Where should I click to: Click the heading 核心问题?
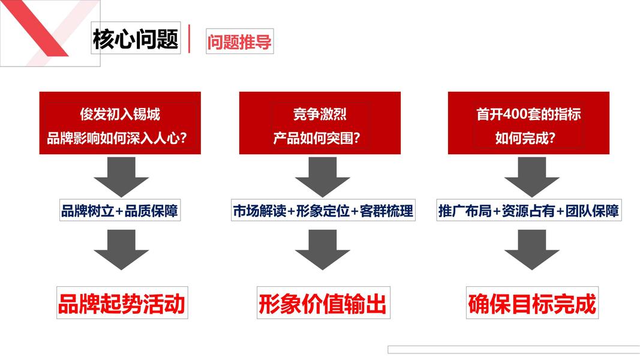tap(136, 40)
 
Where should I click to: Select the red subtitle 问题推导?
tap(239, 42)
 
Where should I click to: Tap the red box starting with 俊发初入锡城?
tap(120, 123)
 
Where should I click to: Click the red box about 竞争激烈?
tap(320, 123)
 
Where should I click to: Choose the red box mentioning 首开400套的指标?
tap(528, 123)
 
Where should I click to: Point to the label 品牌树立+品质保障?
tap(120, 211)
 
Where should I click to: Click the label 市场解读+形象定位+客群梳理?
tap(323, 211)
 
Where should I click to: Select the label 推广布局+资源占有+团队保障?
tap(528, 211)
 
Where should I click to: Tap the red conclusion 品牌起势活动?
tap(121, 304)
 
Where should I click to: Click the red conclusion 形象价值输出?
tap(323, 304)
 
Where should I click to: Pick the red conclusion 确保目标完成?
tap(532, 304)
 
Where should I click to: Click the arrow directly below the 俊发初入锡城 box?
tap(121, 176)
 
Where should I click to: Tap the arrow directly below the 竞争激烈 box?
tap(323, 176)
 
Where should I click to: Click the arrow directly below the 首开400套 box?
tap(531, 176)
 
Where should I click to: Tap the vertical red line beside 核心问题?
tap(190, 39)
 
